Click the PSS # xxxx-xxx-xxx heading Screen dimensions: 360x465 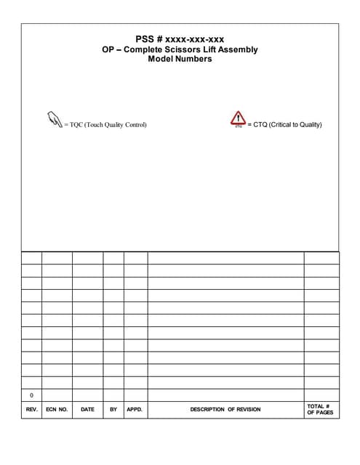tap(180, 39)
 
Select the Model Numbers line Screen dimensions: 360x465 tap(180, 59)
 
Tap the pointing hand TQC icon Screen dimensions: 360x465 tap(53, 119)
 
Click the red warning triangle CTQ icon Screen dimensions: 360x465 tap(238, 119)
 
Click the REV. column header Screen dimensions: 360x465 tap(31, 409)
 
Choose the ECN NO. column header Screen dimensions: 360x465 tap(57, 409)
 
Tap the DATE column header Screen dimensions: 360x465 tap(87, 409)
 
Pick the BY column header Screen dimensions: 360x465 tap(113, 409)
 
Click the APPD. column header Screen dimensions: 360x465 tap(135, 409)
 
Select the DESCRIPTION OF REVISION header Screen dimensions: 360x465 tap(225, 409)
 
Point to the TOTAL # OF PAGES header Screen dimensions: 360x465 tap(320, 409)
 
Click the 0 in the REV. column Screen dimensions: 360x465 tap(31, 395)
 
